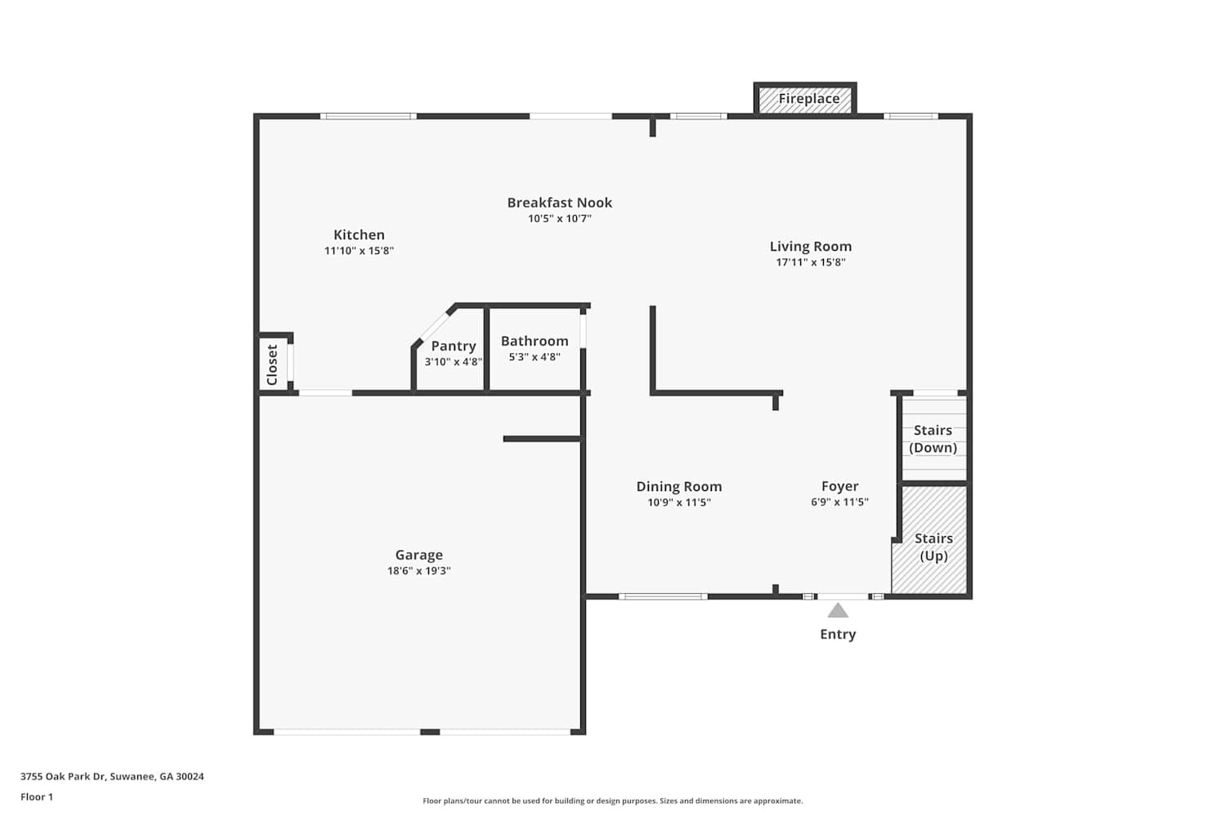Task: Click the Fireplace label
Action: [808, 99]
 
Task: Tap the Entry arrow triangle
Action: [838, 610]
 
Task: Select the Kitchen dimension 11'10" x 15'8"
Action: [359, 251]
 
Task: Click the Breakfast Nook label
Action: [559, 203]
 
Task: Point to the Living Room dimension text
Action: [811, 262]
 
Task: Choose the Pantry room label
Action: [453, 346]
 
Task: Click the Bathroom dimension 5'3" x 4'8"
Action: [535, 357]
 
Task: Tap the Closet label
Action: [272, 364]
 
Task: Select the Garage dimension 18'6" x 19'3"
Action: [418, 571]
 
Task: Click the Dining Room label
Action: [678, 486]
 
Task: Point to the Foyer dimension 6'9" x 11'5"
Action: [839, 502]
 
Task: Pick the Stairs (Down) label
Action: [933, 439]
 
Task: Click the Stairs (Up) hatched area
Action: [929, 539]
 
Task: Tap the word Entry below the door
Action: [838, 634]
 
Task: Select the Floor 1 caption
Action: [37, 797]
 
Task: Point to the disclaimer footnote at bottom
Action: [612, 801]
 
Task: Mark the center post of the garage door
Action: [430, 732]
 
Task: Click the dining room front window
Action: [663, 596]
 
